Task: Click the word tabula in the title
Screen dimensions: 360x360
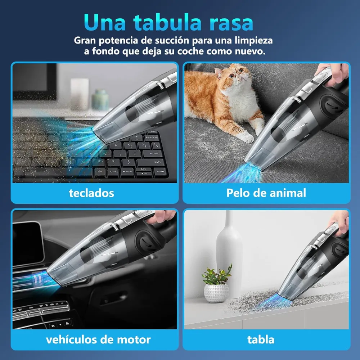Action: tap(167, 22)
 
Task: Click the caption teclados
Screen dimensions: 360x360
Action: tap(91, 193)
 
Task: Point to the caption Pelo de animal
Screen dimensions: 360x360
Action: tap(266, 193)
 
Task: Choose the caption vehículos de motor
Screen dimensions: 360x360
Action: tap(98, 340)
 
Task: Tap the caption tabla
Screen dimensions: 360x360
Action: tap(261, 340)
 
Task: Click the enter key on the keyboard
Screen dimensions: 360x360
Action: tap(154, 153)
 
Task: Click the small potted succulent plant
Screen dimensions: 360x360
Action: tap(216, 284)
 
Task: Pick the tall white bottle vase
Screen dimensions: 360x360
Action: tap(229, 255)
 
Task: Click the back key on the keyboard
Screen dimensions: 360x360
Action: tap(152, 137)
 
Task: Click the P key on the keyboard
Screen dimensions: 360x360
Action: tap(116, 145)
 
